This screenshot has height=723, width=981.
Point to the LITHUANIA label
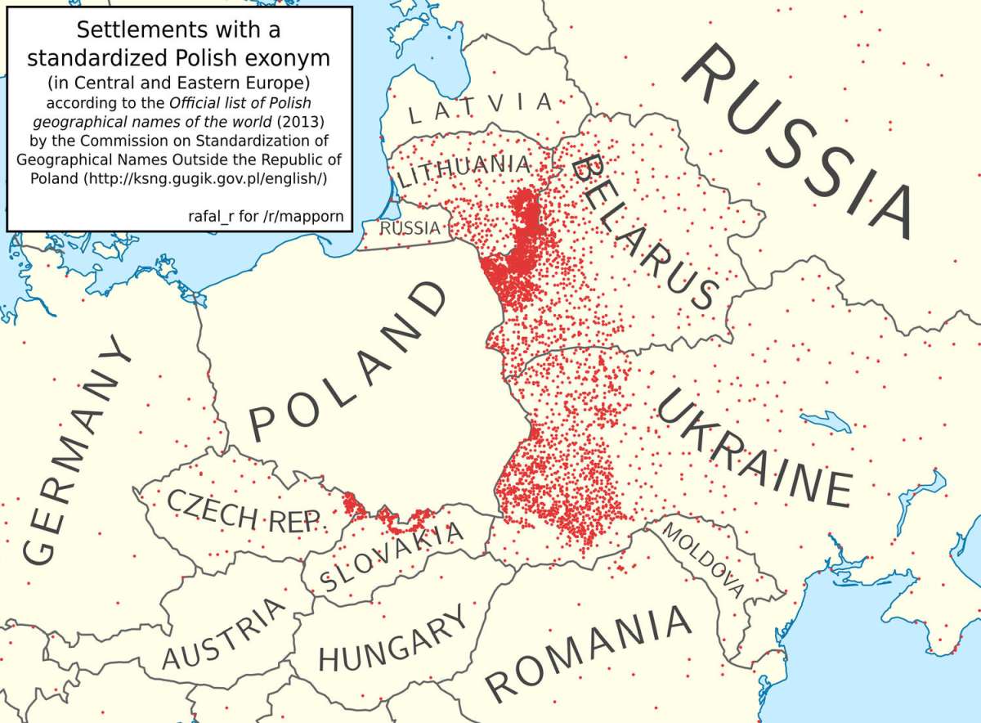coord(464,170)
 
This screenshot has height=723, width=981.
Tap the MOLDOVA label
coord(704,559)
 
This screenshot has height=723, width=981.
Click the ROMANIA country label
coord(588,655)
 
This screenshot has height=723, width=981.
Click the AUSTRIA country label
coord(225,635)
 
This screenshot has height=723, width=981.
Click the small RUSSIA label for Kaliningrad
coord(410,228)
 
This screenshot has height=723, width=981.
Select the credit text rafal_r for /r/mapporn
coord(265,216)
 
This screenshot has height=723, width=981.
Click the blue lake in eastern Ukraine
coord(826,422)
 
